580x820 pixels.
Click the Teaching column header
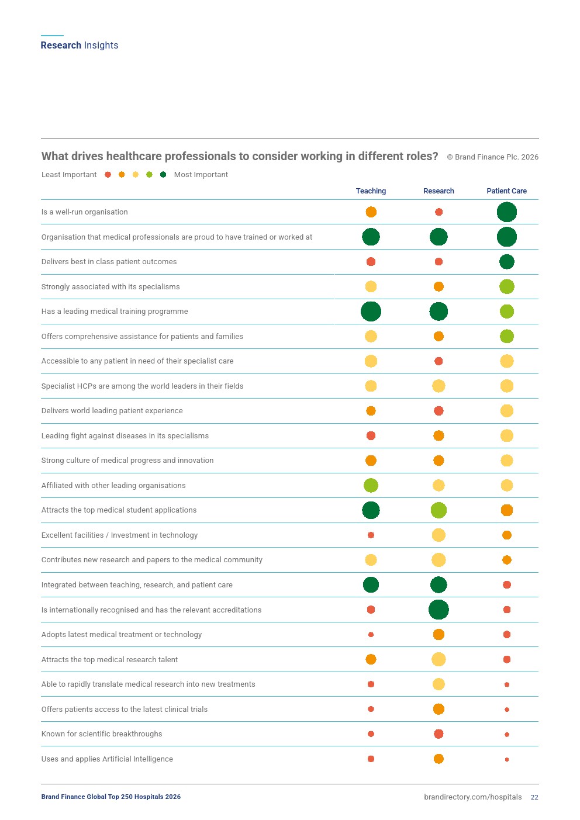371,191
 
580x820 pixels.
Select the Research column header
439,191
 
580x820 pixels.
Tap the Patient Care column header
506,191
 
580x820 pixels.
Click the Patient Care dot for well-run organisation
506,212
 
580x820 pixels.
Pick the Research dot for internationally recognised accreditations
439,610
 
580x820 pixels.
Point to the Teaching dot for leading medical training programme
371,312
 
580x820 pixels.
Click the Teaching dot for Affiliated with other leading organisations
371,485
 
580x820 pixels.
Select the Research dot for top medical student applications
439,510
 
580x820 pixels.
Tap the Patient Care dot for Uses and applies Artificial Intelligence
507,759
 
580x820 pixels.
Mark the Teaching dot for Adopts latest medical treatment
371,635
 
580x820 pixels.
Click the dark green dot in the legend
163,175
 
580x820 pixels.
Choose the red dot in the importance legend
108,175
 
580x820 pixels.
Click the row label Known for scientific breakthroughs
102,734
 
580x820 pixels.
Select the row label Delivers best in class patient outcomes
109,262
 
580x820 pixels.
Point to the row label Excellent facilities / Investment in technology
119,535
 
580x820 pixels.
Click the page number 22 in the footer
534,797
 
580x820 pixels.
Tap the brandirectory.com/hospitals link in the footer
472,797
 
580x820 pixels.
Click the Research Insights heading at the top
80,46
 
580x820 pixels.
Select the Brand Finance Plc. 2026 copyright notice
492,157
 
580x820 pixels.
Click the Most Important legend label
201,175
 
